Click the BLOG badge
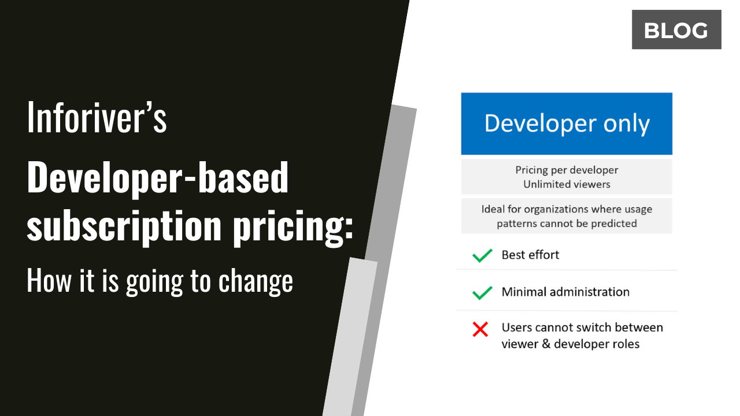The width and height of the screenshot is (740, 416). tap(676, 30)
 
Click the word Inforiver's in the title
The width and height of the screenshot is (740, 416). tap(97, 117)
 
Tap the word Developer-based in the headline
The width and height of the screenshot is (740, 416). tap(157, 177)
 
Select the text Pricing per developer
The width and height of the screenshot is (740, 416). tap(567, 170)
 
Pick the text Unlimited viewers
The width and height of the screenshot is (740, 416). tap(567, 184)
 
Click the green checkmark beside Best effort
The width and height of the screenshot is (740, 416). tap(482, 255)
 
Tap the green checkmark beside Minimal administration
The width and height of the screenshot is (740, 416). tap(482, 292)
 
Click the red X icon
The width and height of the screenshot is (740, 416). tap(480, 329)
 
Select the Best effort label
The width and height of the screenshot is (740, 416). tap(530, 255)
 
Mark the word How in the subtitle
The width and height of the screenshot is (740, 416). tap(43, 281)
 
